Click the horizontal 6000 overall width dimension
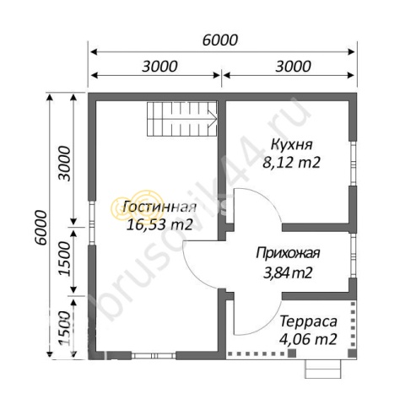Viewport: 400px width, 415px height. (x=221, y=40)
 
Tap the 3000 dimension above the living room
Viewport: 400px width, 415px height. (x=158, y=67)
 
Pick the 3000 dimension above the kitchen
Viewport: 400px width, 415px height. (x=289, y=67)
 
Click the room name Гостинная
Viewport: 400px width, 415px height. (x=159, y=207)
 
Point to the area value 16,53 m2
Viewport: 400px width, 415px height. (x=159, y=224)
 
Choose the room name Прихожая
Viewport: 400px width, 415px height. (x=289, y=252)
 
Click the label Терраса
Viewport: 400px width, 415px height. (x=309, y=322)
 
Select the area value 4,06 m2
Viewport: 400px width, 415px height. (x=309, y=339)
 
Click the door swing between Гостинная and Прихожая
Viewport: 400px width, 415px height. (x=203, y=263)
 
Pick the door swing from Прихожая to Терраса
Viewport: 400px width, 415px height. (x=252, y=316)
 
